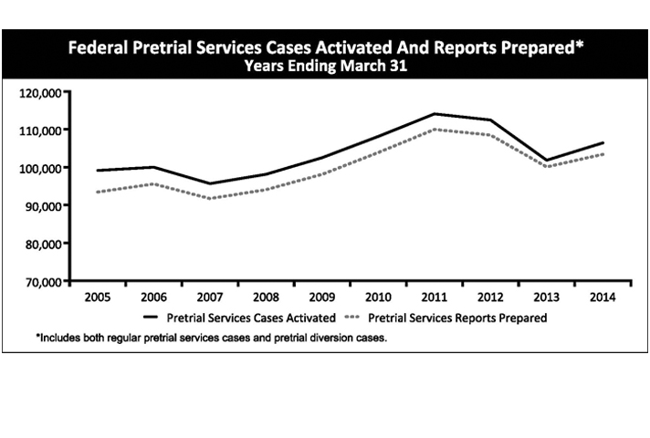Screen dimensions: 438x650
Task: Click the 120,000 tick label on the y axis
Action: click(41, 92)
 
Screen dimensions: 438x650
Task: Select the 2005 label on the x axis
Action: click(97, 297)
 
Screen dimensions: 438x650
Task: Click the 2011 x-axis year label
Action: click(434, 297)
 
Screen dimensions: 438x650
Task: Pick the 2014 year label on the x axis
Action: click(603, 297)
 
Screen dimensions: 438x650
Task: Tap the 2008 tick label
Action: click(266, 297)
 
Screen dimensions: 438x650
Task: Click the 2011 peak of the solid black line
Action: click(435, 114)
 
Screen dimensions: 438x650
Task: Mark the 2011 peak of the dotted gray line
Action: click(435, 129)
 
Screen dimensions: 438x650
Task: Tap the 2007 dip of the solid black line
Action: click(210, 183)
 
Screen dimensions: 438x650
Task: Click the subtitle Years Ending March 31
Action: click(324, 66)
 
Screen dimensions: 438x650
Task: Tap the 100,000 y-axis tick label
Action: click(41, 168)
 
